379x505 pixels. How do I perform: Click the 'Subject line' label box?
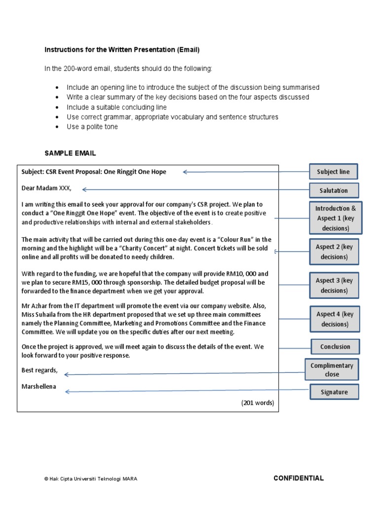click(x=333, y=172)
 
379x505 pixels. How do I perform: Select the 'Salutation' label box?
click(x=334, y=190)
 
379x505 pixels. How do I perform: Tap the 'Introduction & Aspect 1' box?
click(x=336, y=218)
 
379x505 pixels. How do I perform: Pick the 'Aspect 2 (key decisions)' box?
click(x=334, y=252)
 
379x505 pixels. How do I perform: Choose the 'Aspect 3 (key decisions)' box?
click(x=334, y=285)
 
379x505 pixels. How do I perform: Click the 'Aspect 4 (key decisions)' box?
click(x=334, y=319)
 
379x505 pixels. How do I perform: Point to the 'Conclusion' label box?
click(x=335, y=347)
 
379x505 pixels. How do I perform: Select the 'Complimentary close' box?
click(x=332, y=369)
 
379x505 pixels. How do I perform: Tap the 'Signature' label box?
click(x=334, y=392)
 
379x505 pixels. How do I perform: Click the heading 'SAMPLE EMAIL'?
click(x=70, y=153)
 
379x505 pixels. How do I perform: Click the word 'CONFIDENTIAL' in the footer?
click(x=299, y=478)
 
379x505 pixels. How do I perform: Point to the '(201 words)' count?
click(x=257, y=402)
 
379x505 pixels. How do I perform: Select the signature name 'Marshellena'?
click(x=38, y=387)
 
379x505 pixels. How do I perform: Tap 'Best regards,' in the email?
click(x=39, y=370)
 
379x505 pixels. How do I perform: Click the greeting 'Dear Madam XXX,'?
click(x=46, y=188)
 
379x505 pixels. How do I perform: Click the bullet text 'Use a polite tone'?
click(x=92, y=127)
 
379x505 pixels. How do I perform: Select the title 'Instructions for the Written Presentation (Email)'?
click(x=122, y=50)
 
